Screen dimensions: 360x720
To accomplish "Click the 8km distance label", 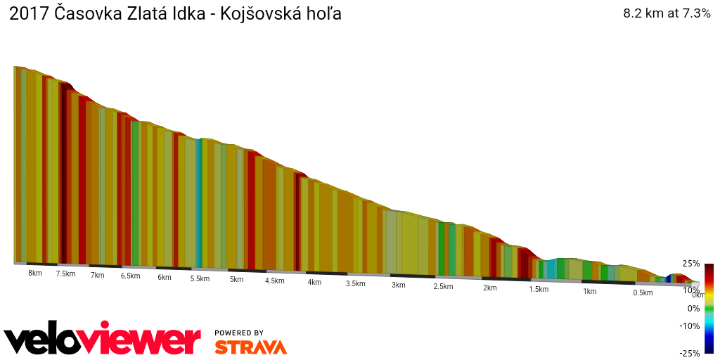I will (x=34, y=273).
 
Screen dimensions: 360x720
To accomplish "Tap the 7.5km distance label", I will (x=65, y=274).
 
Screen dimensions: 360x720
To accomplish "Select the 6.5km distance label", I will (x=130, y=276).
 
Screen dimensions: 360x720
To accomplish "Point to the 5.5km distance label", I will (x=200, y=278).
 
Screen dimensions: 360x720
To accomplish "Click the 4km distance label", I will (x=314, y=282).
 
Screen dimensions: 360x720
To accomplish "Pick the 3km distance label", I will (x=399, y=285).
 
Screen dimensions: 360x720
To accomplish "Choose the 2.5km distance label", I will (x=443, y=286).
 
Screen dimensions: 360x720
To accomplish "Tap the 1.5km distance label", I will (x=539, y=289).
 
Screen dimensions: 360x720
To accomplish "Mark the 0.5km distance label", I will (x=643, y=292).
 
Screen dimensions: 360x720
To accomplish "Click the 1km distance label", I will (x=589, y=291).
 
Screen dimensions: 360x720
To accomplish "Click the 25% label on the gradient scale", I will (x=690, y=264).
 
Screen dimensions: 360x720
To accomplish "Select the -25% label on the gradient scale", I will (x=689, y=353).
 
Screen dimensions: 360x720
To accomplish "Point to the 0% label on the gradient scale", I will (x=693, y=308).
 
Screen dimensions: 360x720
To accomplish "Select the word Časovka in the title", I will (x=82, y=14).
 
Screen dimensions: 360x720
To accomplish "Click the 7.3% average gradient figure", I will (x=693, y=13).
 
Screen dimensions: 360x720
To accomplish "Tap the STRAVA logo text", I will (x=250, y=347).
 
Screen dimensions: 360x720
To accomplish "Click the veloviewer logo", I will (x=102, y=340).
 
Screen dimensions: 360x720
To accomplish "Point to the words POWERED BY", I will (x=239, y=333).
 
